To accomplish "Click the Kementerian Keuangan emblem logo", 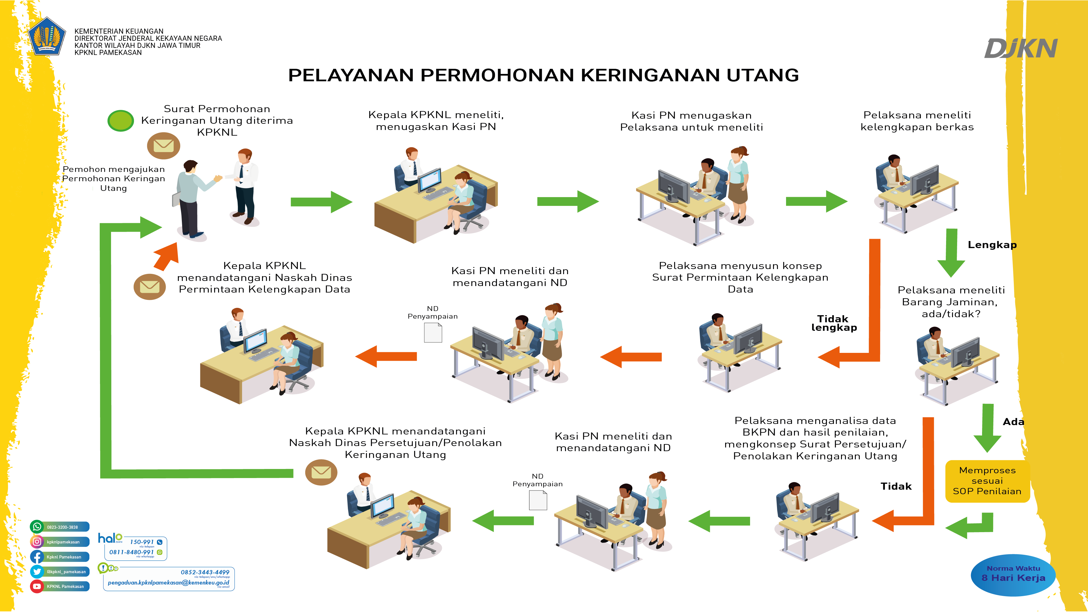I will coord(47,37).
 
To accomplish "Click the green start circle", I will coord(121,121).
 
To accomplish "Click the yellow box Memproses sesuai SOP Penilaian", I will coord(987,481).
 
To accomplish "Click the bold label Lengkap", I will coord(992,245).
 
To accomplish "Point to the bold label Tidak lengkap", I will coord(834,323).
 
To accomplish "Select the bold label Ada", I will coord(1013,422).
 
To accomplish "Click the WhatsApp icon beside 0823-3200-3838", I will coord(37,527).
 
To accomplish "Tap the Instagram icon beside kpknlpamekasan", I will coord(37,541).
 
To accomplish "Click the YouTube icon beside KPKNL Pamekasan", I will coord(37,586).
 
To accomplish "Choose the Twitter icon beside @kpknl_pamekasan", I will coord(37,572).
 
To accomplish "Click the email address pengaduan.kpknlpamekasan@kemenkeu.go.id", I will coord(168,583).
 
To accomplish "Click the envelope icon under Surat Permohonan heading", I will coord(163,146).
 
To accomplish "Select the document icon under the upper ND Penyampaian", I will coord(433,333).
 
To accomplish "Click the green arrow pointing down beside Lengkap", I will coord(951,253).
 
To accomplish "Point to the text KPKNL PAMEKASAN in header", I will coord(108,53).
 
